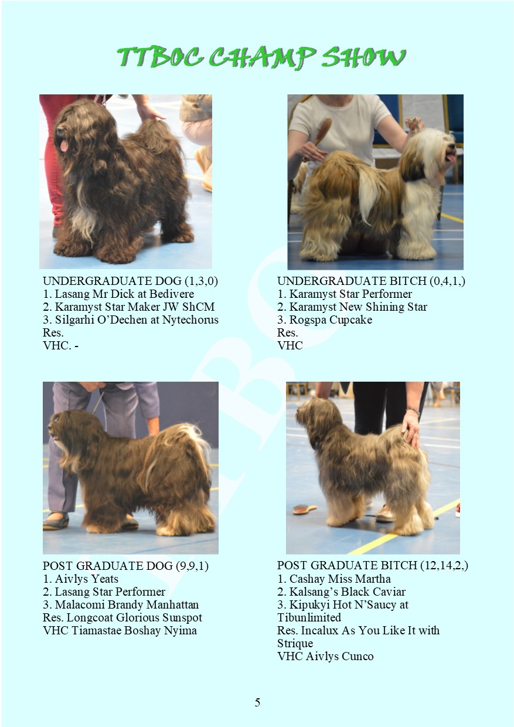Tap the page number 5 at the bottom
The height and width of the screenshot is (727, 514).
click(257, 702)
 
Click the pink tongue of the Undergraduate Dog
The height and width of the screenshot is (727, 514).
click(64, 145)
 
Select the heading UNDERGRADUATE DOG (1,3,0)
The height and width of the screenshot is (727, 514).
click(131, 281)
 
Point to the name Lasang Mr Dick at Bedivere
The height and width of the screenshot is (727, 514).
click(125, 294)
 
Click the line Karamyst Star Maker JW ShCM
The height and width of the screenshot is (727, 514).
click(135, 307)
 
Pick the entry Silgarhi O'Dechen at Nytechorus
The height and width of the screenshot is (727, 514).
click(137, 320)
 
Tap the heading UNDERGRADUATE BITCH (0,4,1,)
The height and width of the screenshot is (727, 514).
click(371, 281)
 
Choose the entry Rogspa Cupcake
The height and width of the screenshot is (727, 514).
click(331, 320)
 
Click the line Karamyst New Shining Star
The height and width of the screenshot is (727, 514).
click(358, 307)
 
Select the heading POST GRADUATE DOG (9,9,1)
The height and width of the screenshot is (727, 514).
click(125, 566)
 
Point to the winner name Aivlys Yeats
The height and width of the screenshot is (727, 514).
click(87, 579)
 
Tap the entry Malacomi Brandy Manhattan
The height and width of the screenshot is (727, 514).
click(127, 605)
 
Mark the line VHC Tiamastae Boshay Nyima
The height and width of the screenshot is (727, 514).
click(120, 631)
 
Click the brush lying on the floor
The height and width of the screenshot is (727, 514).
click(305, 509)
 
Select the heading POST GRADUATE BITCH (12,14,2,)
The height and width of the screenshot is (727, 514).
click(373, 566)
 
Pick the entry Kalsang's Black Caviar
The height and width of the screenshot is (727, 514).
click(347, 592)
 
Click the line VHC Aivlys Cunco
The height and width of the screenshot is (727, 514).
click(325, 657)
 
